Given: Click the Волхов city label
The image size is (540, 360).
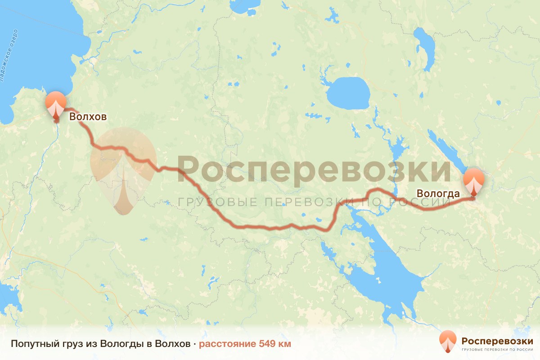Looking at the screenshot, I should [88, 117].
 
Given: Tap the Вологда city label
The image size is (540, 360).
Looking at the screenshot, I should [438, 194].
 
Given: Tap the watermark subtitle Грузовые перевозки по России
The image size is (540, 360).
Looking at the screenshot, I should [314, 202].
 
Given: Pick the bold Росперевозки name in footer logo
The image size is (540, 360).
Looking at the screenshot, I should [497, 340].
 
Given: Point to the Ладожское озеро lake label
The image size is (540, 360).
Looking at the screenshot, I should [10, 56].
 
